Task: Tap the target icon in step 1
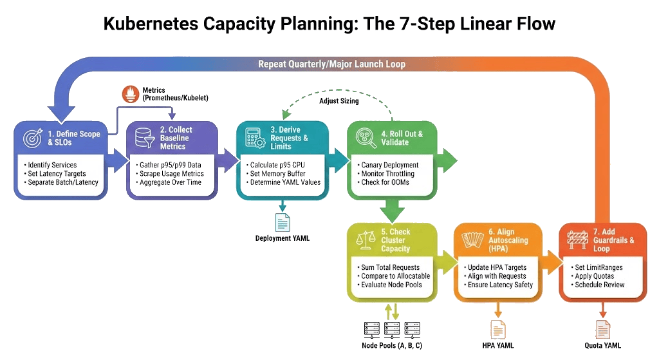pos(32,138)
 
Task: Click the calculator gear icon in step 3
pos(252,138)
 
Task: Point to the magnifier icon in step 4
pos(364,138)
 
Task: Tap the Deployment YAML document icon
pos(282,222)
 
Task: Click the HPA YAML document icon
pos(497,329)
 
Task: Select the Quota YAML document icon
pos(603,329)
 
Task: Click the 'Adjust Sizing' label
pos(339,100)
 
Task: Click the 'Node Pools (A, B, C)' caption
pos(393,346)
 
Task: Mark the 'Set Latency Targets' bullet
pos(57,174)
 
